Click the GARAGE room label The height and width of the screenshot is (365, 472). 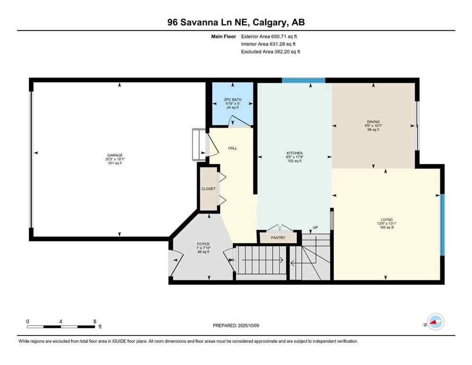point(115,155)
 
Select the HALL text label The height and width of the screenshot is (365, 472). point(232,148)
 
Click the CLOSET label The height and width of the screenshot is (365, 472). point(208,189)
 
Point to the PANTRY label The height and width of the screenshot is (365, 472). point(278,238)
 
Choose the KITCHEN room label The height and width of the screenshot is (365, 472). point(295,153)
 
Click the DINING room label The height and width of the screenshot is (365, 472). point(373,122)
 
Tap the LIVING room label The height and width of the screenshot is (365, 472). point(386,220)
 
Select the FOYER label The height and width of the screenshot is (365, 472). point(203,244)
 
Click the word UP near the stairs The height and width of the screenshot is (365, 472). point(315,228)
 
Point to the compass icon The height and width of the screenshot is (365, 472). point(435,322)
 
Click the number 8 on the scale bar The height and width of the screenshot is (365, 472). point(95,321)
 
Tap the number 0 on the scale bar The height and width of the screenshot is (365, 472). point(28,321)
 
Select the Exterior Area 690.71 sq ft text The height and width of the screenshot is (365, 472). point(271,36)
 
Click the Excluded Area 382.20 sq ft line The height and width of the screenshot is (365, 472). point(271,51)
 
